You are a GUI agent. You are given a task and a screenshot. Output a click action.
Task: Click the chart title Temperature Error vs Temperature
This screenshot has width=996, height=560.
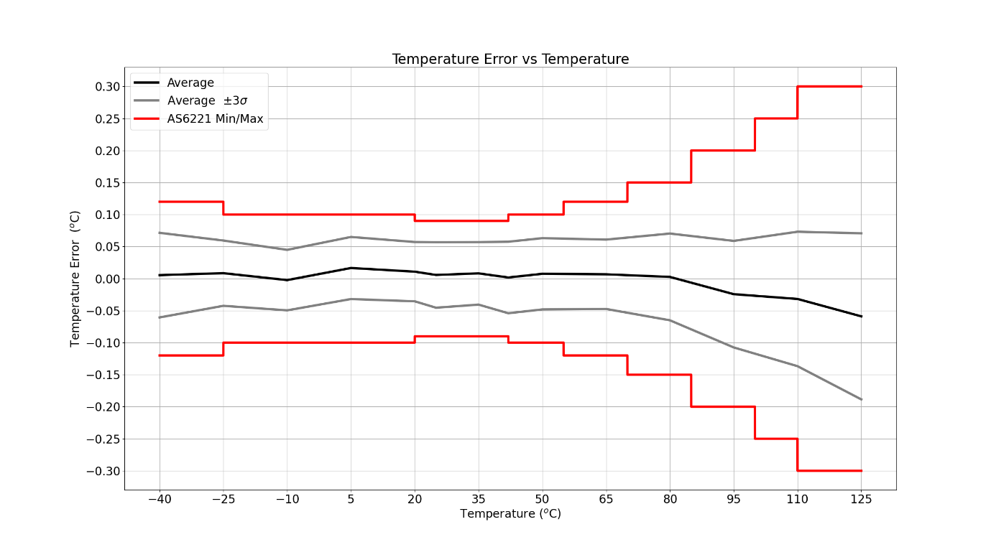point(510,60)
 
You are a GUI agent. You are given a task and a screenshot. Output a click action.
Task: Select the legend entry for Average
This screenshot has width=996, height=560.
point(190,83)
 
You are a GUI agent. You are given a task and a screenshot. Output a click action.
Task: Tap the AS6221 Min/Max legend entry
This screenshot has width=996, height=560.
point(215,119)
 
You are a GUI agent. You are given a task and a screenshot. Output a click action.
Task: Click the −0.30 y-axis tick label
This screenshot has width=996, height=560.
point(103,472)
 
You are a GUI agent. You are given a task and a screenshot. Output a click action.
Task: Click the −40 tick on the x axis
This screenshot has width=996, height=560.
point(159,499)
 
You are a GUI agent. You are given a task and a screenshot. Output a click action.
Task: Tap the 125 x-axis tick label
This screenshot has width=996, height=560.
point(861,499)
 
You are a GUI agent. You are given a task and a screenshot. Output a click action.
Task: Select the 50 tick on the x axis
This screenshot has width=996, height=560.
point(542,499)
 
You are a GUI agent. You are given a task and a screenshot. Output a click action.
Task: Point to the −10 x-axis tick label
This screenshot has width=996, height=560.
point(287,499)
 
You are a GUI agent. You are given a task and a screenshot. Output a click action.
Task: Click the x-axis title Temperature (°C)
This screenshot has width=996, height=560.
point(510,514)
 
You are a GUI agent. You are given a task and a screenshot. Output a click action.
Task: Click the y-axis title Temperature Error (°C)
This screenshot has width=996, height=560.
point(75,279)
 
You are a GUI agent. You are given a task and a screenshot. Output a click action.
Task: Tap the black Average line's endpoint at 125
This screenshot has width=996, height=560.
point(861,317)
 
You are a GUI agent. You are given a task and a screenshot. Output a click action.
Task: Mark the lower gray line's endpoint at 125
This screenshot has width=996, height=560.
point(861,399)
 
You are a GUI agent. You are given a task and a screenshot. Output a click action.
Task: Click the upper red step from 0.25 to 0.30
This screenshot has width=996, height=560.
point(798,102)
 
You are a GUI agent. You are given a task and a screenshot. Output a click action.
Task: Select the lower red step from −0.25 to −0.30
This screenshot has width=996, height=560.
point(798,454)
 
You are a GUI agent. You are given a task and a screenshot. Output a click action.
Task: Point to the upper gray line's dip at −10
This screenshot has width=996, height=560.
point(287,250)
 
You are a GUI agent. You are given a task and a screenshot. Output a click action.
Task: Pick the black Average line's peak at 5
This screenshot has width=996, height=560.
point(351,268)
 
